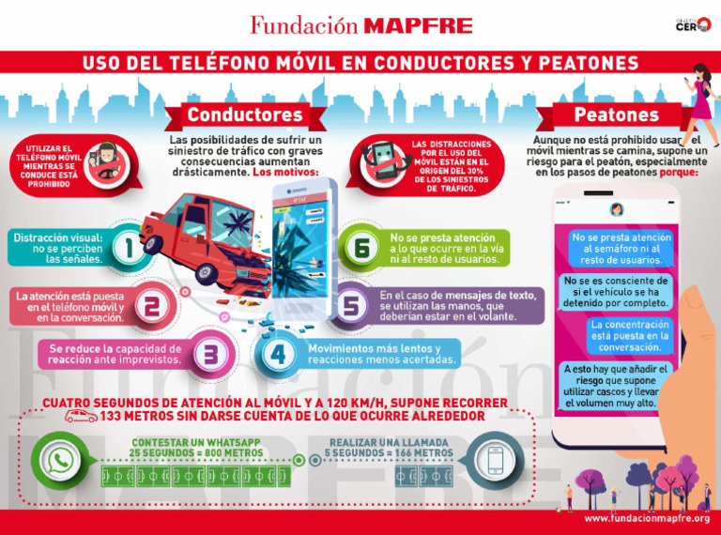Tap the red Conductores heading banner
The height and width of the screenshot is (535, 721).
pyautogui.click(x=244, y=115)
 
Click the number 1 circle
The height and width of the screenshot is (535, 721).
pyautogui.click(x=127, y=249)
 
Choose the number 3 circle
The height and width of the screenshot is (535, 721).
pyautogui.click(x=210, y=355)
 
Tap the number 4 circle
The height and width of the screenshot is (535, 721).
pyautogui.click(x=278, y=355)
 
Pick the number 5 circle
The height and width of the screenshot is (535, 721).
pyautogui.click(x=349, y=305)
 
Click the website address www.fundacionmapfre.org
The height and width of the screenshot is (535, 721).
pyautogui.click(x=646, y=518)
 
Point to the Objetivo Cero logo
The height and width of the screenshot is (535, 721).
pyautogui.click(x=693, y=24)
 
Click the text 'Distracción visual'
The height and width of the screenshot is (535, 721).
pyautogui.click(x=54, y=237)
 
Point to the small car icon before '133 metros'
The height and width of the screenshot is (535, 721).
pyautogui.click(x=81, y=416)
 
